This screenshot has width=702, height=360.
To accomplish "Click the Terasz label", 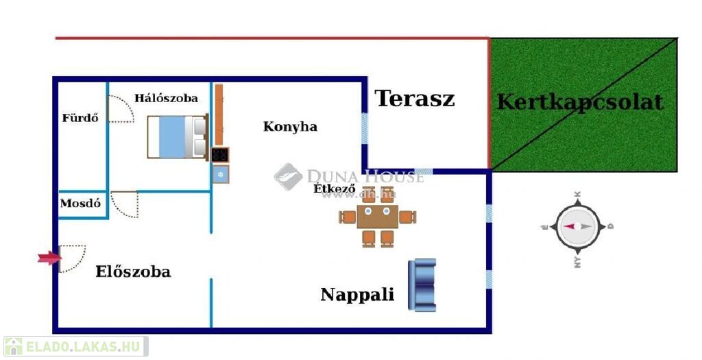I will tap(415, 99).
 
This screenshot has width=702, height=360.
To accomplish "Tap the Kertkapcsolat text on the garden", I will tap(580, 102).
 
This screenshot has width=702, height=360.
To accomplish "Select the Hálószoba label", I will tap(166, 98).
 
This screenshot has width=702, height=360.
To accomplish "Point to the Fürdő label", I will tap(80, 118).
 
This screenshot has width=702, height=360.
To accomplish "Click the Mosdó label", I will tap(80, 204).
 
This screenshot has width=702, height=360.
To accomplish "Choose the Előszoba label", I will tap(133, 272).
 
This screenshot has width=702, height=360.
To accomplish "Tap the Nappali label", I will tap(357, 295).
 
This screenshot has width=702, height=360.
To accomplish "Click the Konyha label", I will tap(290, 127).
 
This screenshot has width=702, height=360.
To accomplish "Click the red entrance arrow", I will tap(48, 258).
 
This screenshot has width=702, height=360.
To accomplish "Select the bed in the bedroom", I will tap(177, 137).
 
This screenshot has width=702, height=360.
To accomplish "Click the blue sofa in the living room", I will tap(422, 285).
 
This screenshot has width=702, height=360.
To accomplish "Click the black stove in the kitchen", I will tap(220, 155).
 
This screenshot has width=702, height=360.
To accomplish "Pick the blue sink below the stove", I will tap(220, 174).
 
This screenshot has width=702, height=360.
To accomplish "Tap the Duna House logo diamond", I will tap(288, 176).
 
